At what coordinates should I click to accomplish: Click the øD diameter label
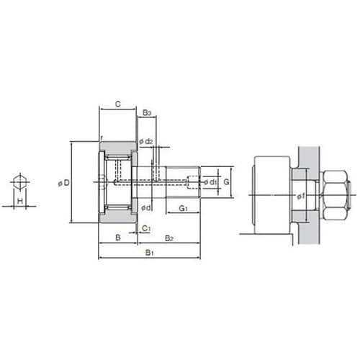tap(63, 183)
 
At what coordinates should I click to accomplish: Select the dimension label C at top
tap(118, 104)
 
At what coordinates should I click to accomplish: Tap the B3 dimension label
tap(147, 112)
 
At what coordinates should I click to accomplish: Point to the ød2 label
tap(146, 141)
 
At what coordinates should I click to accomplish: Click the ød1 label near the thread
tap(210, 182)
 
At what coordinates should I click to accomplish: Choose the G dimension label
tap(226, 182)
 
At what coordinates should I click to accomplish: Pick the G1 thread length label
tap(183, 208)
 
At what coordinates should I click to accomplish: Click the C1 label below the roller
tap(146, 228)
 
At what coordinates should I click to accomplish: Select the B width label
tap(118, 238)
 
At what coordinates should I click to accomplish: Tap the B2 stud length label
tap(169, 238)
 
